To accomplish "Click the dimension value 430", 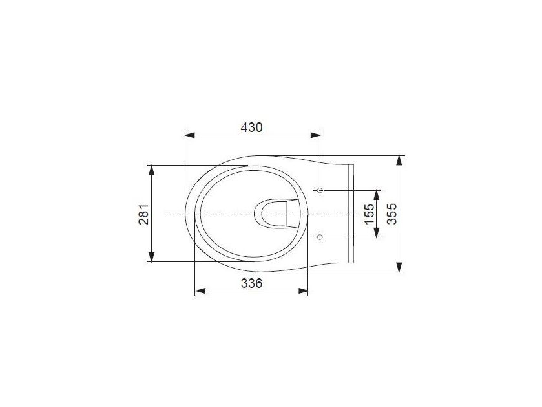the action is [252, 127].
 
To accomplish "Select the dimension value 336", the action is [252, 283].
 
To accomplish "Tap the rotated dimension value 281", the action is [144, 214].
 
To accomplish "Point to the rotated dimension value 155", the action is [369, 214].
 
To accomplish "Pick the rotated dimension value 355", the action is [392, 214].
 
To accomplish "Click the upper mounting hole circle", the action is [320, 190].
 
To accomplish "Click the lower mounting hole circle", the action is [320, 237].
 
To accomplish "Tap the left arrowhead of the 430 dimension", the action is [190, 135].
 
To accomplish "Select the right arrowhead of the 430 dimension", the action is [315, 135].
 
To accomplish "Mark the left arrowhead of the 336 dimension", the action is [200, 291].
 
